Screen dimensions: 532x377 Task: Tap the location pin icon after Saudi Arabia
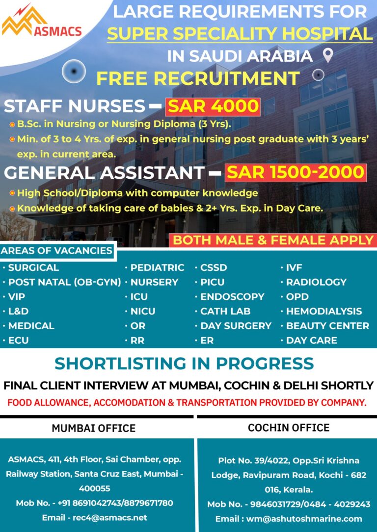pos(328,55)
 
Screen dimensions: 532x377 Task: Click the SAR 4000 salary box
pos(213,106)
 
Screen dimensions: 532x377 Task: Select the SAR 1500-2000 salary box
pos(296,172)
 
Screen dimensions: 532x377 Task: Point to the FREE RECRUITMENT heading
pos(198,78)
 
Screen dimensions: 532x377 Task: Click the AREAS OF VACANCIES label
pos(56,251)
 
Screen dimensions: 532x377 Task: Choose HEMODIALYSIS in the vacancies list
pos(324,311)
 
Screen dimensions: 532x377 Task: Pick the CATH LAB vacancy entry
pos(225,311)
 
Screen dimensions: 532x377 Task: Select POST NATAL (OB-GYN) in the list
pos(64,282)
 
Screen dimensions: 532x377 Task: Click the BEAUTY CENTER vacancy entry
pos(327,326)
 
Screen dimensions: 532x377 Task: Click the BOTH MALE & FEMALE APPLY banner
pos(273,240)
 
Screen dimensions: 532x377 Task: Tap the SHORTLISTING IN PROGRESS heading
pos(184,363)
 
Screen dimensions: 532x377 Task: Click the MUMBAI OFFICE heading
pos(94,428)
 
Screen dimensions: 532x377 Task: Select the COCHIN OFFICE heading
pos(289,428)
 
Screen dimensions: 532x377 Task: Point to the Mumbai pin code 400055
pos(94,488)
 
